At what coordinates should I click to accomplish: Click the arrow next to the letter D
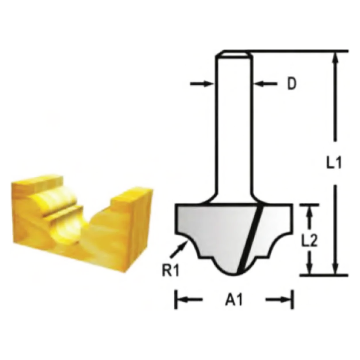266,83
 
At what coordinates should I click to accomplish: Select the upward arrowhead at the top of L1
335,58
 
